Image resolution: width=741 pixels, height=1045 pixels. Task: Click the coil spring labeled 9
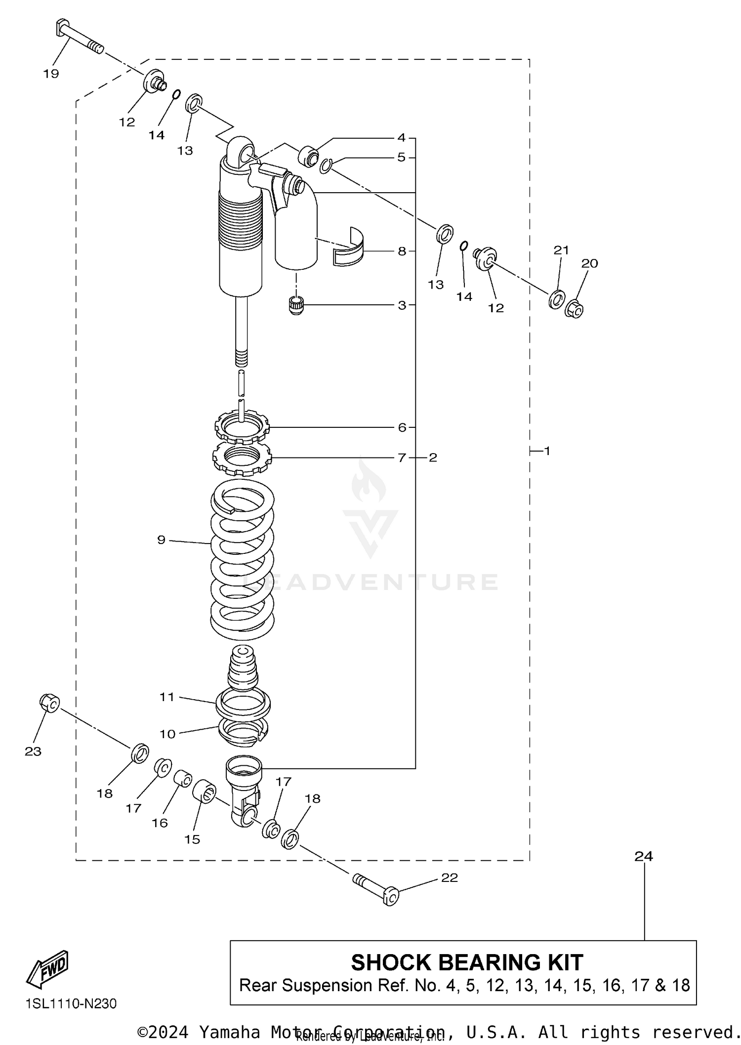tap(242, 558)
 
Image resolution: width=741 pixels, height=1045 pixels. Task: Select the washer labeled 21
tap(557, 299)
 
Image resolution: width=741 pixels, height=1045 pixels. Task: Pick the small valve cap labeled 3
tap(296, 305)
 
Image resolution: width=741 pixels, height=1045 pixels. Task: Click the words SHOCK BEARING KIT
tap(466, 962)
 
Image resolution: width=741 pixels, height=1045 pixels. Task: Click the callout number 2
tap(433, 458)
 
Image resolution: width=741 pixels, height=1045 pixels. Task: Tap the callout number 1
tap(547, 451)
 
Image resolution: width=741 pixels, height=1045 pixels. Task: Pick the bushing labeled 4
tap(309, 156)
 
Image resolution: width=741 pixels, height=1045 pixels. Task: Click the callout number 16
tap(160, 823)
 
